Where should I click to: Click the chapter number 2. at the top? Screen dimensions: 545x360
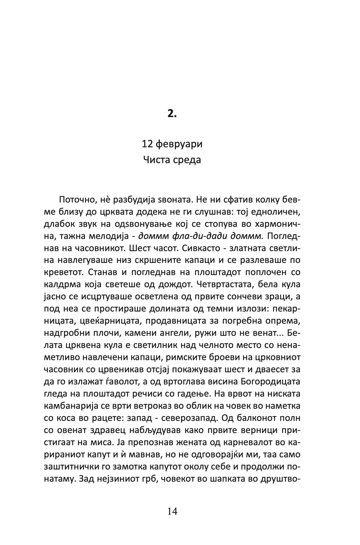coord(172,114)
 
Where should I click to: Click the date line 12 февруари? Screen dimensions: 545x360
coord(172,144)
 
